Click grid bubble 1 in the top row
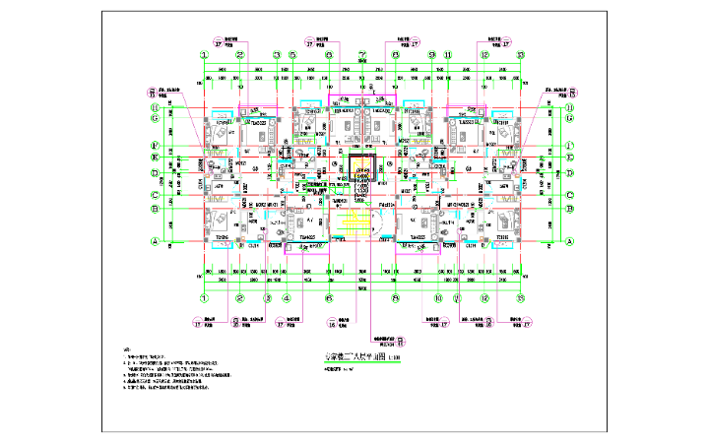tap(204, 55)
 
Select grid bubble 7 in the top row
tap(363, 55)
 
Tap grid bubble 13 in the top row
tap(521, 55)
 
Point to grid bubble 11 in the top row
tap(447, 55)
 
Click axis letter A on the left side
tap(155, 241)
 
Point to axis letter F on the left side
tap(155, 147)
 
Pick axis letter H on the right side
tap(571, 106)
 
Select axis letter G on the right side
tap(571, 117)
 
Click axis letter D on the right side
tap(571, 173)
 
